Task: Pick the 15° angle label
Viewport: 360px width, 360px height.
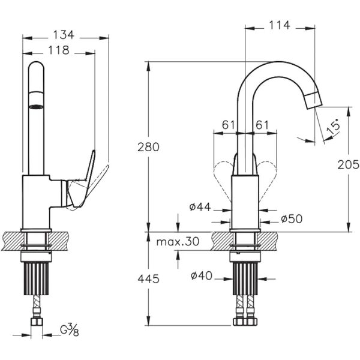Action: point(334,127)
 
